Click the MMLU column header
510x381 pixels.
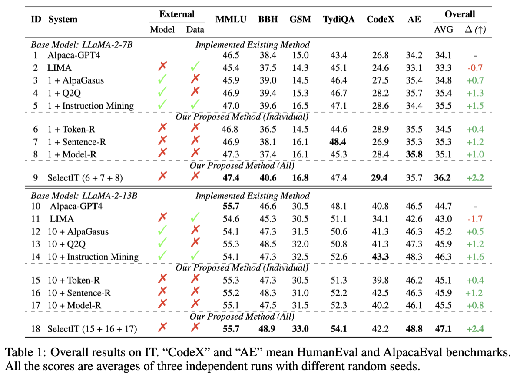[231, 20]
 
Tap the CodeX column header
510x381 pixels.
[381, 20]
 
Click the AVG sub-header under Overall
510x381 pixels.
[443, 30]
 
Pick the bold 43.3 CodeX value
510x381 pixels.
[381, 257]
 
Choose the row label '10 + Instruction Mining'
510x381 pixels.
[93, 257]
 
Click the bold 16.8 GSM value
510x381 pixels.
[299, 177]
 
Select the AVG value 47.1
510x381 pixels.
[443, 328]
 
